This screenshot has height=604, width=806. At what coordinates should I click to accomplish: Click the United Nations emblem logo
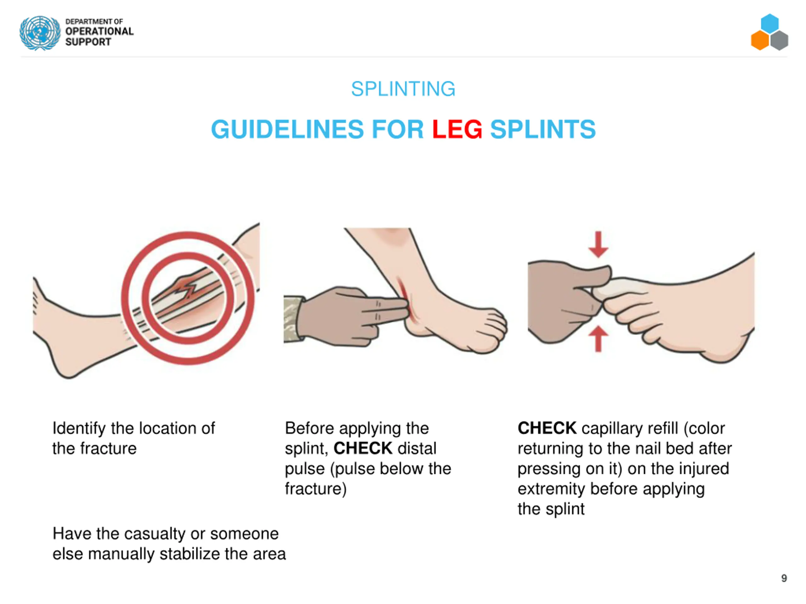pos(40,33)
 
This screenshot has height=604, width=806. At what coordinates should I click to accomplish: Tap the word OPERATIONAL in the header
pos(99,31)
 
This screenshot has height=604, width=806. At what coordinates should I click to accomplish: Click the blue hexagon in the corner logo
pos(769,24)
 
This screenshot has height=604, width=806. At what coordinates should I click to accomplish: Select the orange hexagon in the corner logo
pos(760,40)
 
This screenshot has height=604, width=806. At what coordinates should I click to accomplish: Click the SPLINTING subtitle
pos(403,89)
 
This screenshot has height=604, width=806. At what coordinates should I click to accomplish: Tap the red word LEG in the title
pos(457,129)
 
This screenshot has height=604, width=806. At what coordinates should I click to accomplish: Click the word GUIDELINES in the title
pos(287,129)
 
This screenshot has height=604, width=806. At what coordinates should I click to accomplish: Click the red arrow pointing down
pos(598,244)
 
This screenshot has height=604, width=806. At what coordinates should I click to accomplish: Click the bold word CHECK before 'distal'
pos(363,449)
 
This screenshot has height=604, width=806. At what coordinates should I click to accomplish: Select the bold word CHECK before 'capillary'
pos(547,428)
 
